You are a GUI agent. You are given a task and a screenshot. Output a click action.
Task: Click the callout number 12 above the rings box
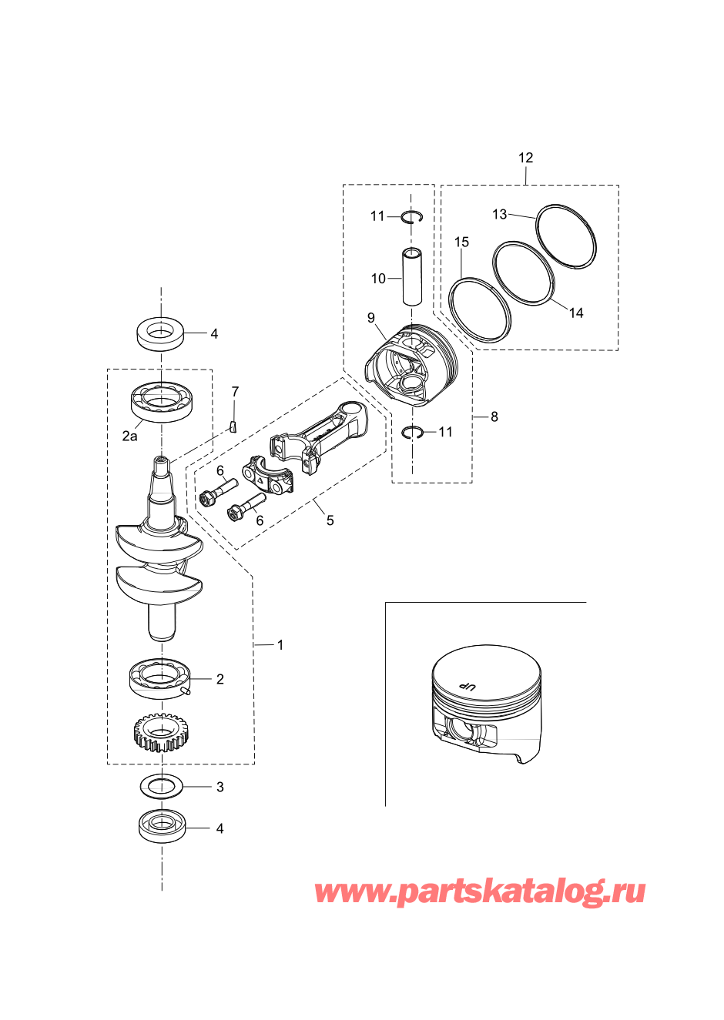(525, 158)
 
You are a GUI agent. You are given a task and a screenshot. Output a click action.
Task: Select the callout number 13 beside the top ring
(499, 214)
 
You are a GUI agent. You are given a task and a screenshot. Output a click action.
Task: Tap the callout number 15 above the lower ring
(461, 242)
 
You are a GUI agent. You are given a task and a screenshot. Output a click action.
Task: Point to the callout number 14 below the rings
(576, 313)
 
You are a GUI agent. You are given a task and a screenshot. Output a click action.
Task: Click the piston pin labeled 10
(412, 277)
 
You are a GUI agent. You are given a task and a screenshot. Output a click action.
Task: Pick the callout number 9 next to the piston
(371, 317)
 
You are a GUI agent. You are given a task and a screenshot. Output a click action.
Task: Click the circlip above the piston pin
(412, 218)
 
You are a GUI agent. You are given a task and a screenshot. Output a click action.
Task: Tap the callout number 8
(494, 416)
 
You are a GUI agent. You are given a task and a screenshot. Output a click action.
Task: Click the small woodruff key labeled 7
(233, 427)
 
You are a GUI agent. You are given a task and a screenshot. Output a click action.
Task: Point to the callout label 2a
(130, 436)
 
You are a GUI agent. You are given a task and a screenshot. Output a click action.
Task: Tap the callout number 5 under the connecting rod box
(330, 520)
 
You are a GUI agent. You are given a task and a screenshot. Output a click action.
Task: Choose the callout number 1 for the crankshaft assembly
(280, 645)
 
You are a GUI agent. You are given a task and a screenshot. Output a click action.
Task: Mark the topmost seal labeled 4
(161, 334)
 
